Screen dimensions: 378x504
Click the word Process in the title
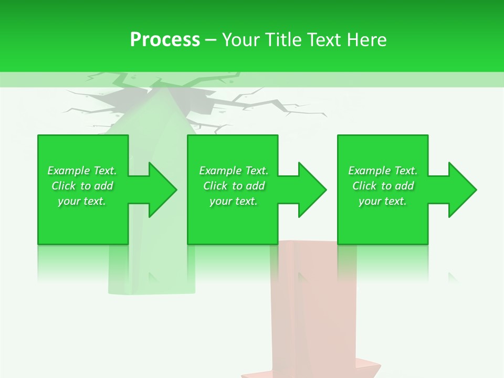[x=165, y=40]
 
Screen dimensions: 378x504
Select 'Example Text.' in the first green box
[x=82, y=171]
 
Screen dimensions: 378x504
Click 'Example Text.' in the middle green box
[x=234, y=171]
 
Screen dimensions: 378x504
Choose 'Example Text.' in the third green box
[x=383, y=171]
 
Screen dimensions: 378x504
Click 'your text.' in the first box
[x=82, y=201]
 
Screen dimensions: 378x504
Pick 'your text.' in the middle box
[x=234, y=201]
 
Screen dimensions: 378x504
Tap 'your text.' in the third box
[x=383, y=201]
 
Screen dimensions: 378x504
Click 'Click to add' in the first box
[x=82, y=186]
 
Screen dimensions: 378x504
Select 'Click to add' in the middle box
[x=234, y=186]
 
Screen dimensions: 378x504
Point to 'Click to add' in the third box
[x=383, y=186]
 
